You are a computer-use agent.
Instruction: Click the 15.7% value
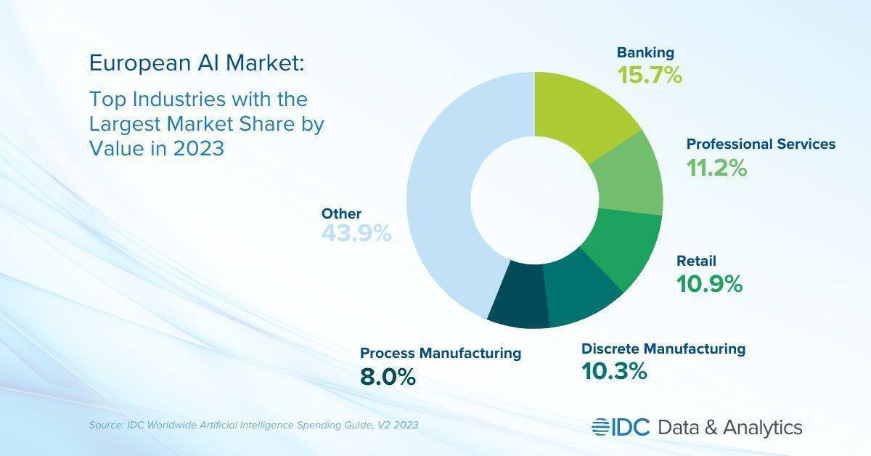coord(650,74)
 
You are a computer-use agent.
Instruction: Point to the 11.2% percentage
coord(716,168)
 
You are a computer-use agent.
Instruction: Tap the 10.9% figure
coord(709,284)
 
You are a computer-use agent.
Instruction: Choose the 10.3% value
coord(613,372)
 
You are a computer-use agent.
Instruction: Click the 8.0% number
coord(388,377)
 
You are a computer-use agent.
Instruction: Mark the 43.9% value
coord(356,234)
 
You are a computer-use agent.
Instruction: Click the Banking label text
coord(645,52)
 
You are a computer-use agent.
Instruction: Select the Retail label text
coord(696,261)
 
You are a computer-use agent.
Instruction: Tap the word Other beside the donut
coord(341,213)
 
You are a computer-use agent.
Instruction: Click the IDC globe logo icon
coord(601,427)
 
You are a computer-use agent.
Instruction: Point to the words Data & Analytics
coord(729,427)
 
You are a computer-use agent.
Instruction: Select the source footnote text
coord(253,425)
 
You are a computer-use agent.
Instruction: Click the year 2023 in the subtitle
coord(199,148)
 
